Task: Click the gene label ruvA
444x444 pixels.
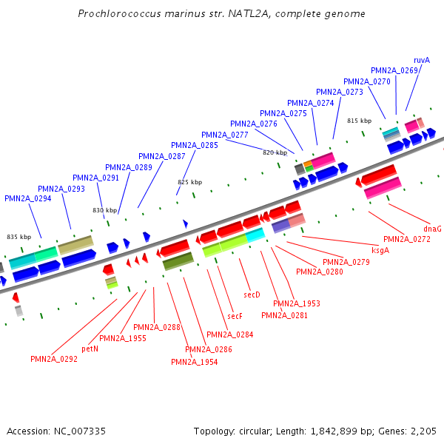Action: click(422, 60)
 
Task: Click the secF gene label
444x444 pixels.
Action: click(235, 316)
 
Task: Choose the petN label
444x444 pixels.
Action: click(90, 348)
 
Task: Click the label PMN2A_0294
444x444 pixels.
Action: click(28, 198)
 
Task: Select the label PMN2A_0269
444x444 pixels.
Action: click(395, 70)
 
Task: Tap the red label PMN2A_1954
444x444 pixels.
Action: click(195, 362)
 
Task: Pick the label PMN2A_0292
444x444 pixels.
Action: click(54, 359)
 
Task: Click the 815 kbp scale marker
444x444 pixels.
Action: click(359, 121)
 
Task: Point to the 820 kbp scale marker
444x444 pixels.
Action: click(275, 152)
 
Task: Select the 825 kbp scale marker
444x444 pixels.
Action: click(189, 182)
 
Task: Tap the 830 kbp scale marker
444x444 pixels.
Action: click(104, 210)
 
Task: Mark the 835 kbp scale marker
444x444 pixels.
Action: click(18, 237)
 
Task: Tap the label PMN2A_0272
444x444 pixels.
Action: click(407, 239)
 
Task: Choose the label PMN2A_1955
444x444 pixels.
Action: click(123, 338)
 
